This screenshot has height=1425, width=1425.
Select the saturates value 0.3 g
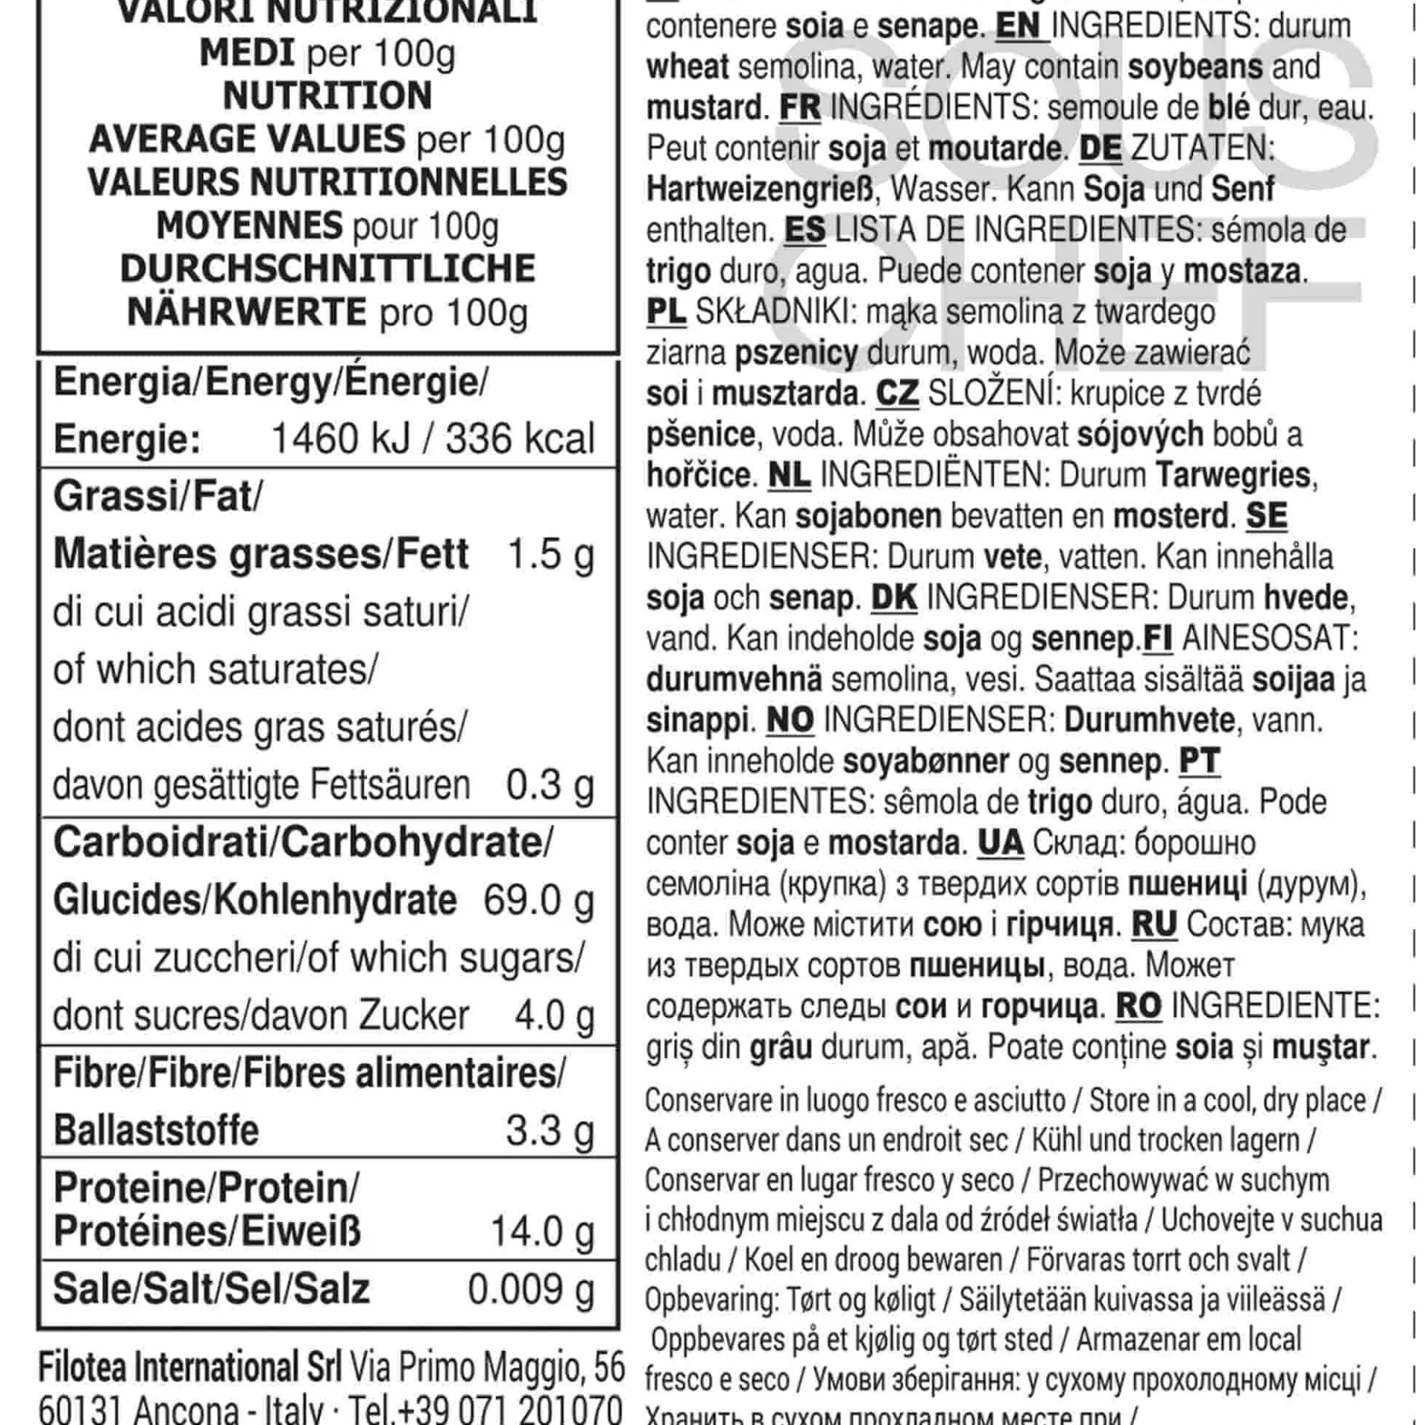coord(550,785)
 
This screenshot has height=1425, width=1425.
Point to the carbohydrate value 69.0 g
coord(539,900)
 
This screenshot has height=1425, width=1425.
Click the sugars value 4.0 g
coord(554,1016)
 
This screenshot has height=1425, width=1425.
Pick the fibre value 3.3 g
coord(550,1130)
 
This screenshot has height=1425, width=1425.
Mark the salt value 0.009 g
coord(531,1289)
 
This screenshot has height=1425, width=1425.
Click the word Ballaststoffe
coord(156,1130)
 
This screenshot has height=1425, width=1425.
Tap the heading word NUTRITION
coord(327,96)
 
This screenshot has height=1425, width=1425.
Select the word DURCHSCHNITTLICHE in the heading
coord(327,268)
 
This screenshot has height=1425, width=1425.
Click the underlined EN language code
coord(1018,26)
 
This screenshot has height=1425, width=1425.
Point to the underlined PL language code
coord(665,312)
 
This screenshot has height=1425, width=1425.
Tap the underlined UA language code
coord(1000,843)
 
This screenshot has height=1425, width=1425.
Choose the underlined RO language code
coord(1138,1006)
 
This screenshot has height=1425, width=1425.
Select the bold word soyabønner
coord(925,761)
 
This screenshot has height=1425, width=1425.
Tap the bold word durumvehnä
coord(733,679)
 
